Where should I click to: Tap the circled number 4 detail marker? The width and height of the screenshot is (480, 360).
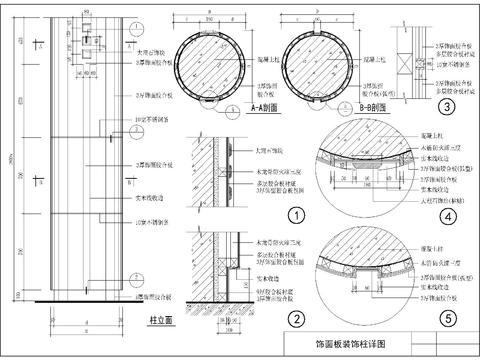[447, 215]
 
